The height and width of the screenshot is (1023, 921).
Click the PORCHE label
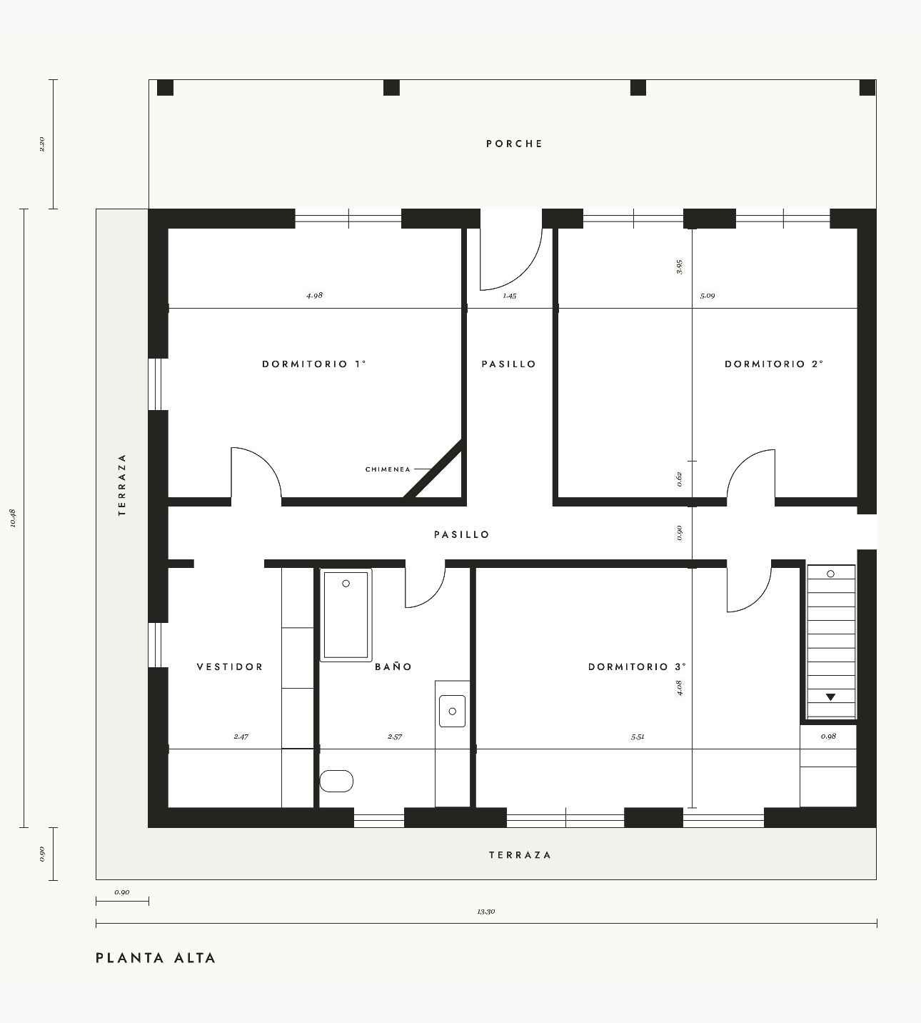pyautogui.click(x=514, y=144)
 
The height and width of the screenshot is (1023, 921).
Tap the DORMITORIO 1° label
pyautogui.click(x=314, y=364)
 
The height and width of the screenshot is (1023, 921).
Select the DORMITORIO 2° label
pyautogui.click(x=774, y=364)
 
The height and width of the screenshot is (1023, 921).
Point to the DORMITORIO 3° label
pyautogui.click(x=637, y=667)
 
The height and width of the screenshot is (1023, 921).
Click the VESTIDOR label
pyautogui.click(x=230, y=667)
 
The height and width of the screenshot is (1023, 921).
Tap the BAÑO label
pyautogui.click(x=393, y=667)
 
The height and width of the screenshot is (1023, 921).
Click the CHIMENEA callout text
pyautogui.click(x=388, y=469)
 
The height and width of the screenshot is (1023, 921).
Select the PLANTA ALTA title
pyautogui.click(x=156, y=958)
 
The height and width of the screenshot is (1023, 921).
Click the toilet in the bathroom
pyautogui.click(x=336, y=782)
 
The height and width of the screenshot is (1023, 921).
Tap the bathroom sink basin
pyautogui.click(x=452, y=711)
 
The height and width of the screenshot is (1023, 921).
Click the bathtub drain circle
pyautogui.click(x=346, y=584)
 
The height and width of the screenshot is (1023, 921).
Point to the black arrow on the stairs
pyautogui.click(x=831, y=697)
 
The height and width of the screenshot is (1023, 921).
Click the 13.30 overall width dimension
pyautogui.click(x=485, y=912)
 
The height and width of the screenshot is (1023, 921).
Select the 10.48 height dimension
pyautogui.click(x=14, y=518)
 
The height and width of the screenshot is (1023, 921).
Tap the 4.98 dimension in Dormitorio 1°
pyautogui.click(x=314, y=295)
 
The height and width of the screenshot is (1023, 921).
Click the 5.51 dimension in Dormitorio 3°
pyautogui.click(x=638, y=737)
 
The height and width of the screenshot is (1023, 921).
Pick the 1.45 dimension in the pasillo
pyautogui.click(x=510, y=296)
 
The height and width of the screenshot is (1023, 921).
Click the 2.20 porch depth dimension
pyautogui.click(x=42, y=144)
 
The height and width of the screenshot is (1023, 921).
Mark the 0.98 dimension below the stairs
pyautogui.click(x=829, y=737)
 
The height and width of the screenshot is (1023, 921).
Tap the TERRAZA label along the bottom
pyautogui.click(x=520, y=855)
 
